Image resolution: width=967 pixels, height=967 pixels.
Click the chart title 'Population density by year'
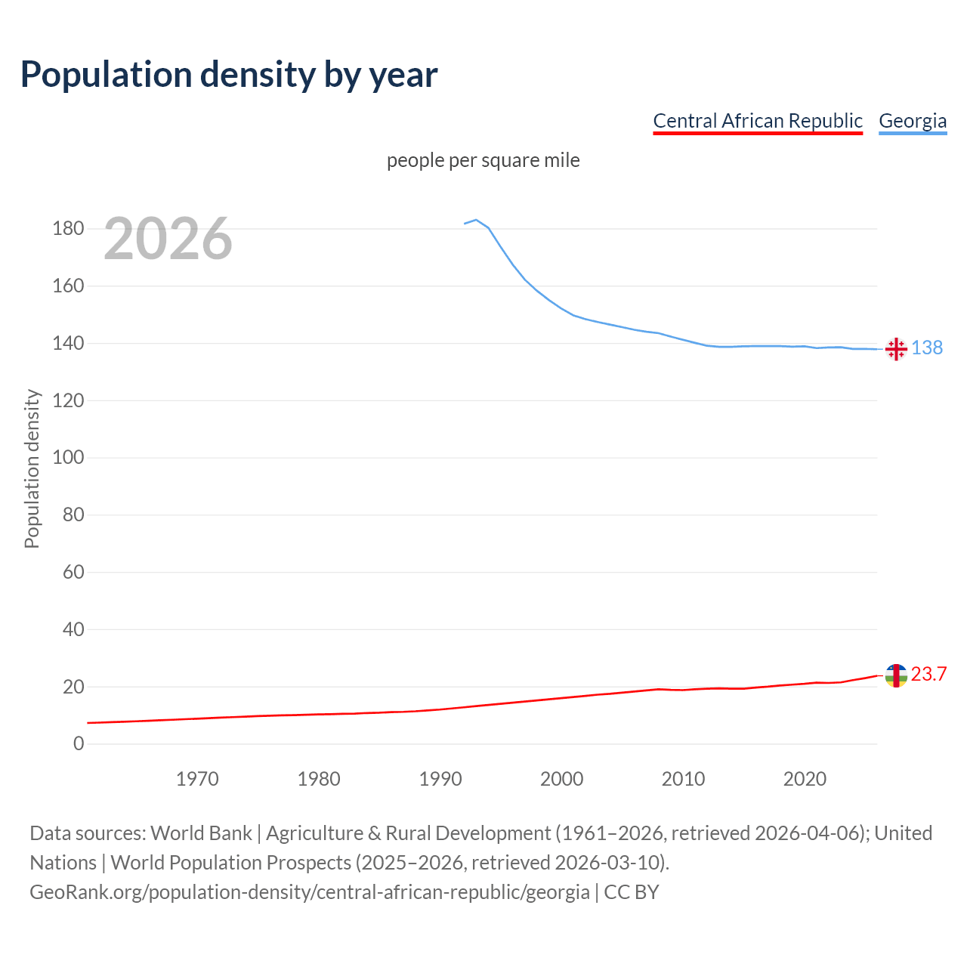[x=229, y=75]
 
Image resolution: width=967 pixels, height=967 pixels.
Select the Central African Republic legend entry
[x=757, y=121]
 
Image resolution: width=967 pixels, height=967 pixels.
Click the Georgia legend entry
[x=912, y=121]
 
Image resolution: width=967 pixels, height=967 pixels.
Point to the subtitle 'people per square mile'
[x=483, y=161]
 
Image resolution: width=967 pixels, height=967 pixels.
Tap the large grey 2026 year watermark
[x=168, y=239]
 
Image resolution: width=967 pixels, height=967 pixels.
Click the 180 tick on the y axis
[x=68, y=228]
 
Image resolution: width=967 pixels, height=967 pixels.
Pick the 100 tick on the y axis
[x=68, y=457]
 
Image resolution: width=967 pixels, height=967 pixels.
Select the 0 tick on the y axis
[x=79, y=743]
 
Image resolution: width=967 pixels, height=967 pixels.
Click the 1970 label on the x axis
[x=197, y=779]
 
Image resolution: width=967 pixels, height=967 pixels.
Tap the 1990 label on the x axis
[x=440, y=779]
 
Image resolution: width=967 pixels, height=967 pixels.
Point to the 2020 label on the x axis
[x=805, y=779]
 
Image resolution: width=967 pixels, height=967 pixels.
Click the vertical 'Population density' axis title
[x=32, y=468]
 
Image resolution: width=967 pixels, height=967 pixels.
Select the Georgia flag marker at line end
[x=896, y=349]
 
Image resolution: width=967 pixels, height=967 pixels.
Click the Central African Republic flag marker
[x=896, y=676]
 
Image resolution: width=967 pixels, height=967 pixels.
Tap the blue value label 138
[x=927, y=348]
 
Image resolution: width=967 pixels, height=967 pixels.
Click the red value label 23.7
[x=928, y=674]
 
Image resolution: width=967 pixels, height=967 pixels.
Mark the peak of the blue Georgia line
[x=476, y=220]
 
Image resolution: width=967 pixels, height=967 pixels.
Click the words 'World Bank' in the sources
[x=201, y=833]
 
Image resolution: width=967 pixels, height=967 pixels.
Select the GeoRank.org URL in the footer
[x=310, y=891]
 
